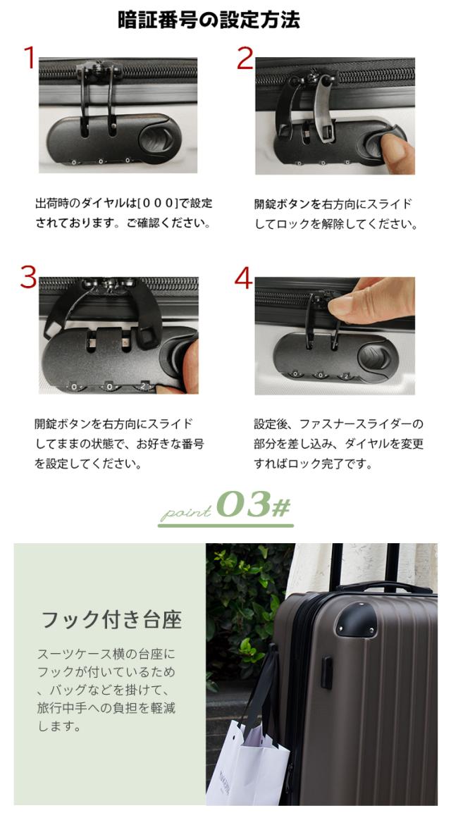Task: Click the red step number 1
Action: click(30, 58)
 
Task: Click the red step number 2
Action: click(245, 58)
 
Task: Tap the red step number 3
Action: click(28, 277)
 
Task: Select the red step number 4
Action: click(243, 279)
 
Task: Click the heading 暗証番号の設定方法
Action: click(209, 20)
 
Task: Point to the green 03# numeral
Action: click(253, 504)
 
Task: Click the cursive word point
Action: click(186, 511)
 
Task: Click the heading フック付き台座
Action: click(111, 619)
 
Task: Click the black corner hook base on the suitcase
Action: click(356, 619)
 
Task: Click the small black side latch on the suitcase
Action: click(326, 673)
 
